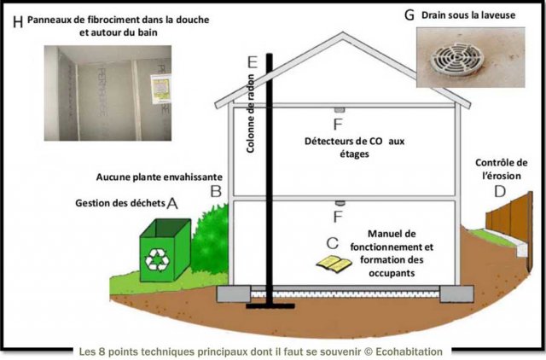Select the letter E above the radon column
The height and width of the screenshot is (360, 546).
click(x=250, y=62)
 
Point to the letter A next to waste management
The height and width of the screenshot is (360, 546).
click(x=172, y=204)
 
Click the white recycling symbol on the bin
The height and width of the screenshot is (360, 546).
click(x=159, y=258)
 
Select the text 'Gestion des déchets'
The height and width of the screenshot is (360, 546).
click(x=119, y=204)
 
